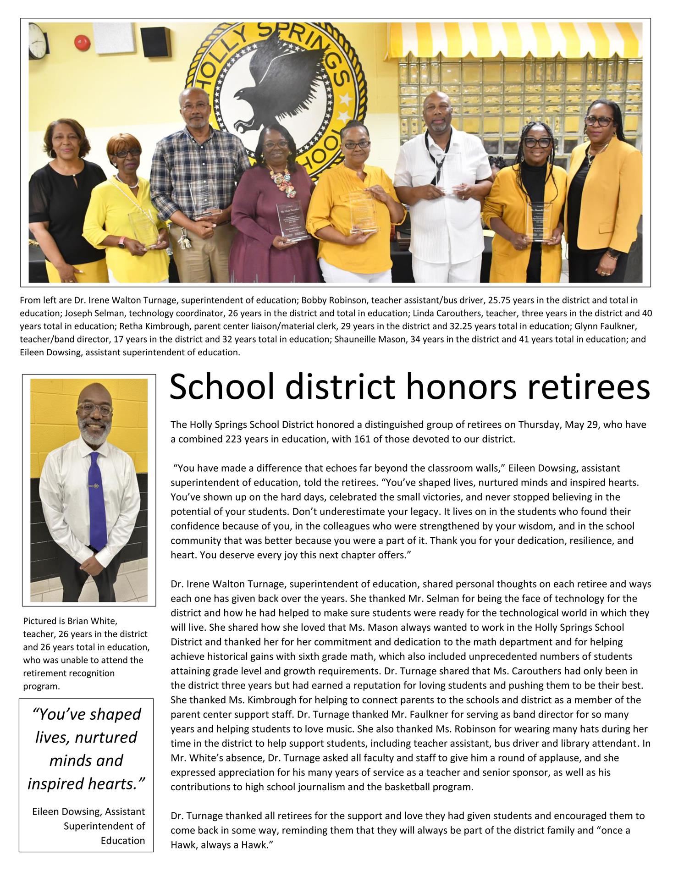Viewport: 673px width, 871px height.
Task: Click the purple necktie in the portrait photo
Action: tap(95, 500)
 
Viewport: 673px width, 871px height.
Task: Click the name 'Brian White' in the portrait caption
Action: tap(93, 621)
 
